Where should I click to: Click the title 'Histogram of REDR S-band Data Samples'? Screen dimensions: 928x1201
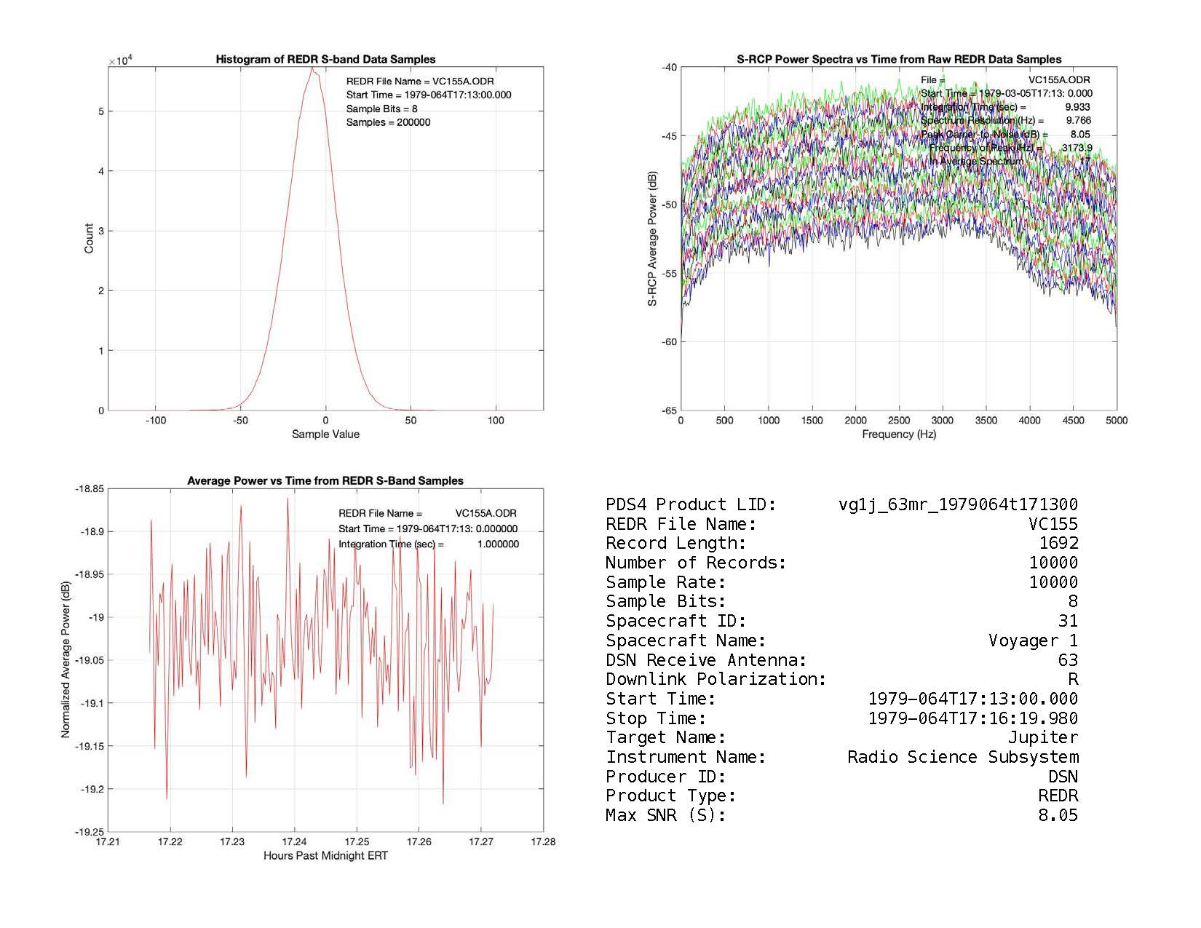(325, 60)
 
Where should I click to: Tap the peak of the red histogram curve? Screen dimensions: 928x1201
(312, 68)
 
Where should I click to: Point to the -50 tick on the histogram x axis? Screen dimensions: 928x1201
(240, 420)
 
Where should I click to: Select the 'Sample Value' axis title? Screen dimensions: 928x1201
(325, 435)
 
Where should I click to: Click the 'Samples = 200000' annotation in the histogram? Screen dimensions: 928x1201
(388, 122)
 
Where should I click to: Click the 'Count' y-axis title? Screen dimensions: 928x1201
(89, 239)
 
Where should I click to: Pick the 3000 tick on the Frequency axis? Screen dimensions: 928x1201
(943, 420)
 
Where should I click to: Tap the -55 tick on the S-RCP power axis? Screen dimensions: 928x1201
(668, 274)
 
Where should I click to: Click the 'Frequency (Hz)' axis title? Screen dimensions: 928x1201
(899, 435)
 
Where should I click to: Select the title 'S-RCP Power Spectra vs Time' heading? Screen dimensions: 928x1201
(899, 60)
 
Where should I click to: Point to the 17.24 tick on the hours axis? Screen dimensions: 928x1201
(295, 841)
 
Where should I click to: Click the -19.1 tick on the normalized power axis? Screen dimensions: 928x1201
(91, 703)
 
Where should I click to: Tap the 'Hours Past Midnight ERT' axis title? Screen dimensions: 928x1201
(325, 856)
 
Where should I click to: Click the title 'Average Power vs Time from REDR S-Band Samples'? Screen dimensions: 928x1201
(325, 481)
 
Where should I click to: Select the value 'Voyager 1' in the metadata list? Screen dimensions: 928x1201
(1033, 641)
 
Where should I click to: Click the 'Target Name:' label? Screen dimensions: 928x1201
(666, 738)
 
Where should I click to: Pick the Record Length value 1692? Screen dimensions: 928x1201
(1058, 543)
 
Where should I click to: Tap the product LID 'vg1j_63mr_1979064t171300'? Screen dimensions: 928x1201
(958, 504)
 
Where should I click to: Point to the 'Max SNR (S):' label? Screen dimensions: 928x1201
(666, 815)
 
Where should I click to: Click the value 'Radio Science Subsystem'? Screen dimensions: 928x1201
(962, 757)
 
